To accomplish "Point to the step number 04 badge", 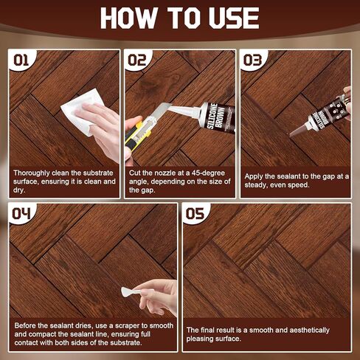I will coord(22,215).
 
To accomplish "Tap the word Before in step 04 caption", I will coord(26,325).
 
